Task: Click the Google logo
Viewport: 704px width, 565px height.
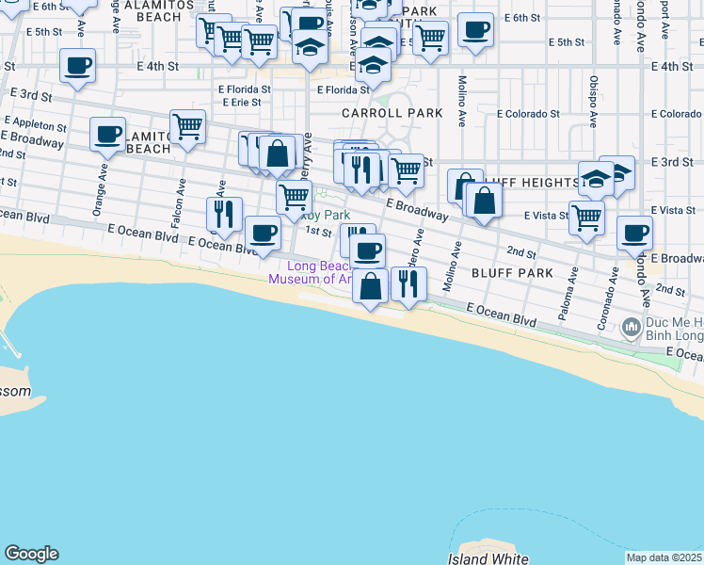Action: (x=31, y=554)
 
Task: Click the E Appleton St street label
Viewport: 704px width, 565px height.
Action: (x=36, y=123)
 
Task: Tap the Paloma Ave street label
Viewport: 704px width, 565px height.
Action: (x=567, y=294)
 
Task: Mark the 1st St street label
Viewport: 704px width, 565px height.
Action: (x=318, y=231)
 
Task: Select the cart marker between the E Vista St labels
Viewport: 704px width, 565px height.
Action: (x=587, y=217)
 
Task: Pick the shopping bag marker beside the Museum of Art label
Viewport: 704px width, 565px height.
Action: (x=371, y=284)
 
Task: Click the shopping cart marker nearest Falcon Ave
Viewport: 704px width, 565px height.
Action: (x=188, y=125)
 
